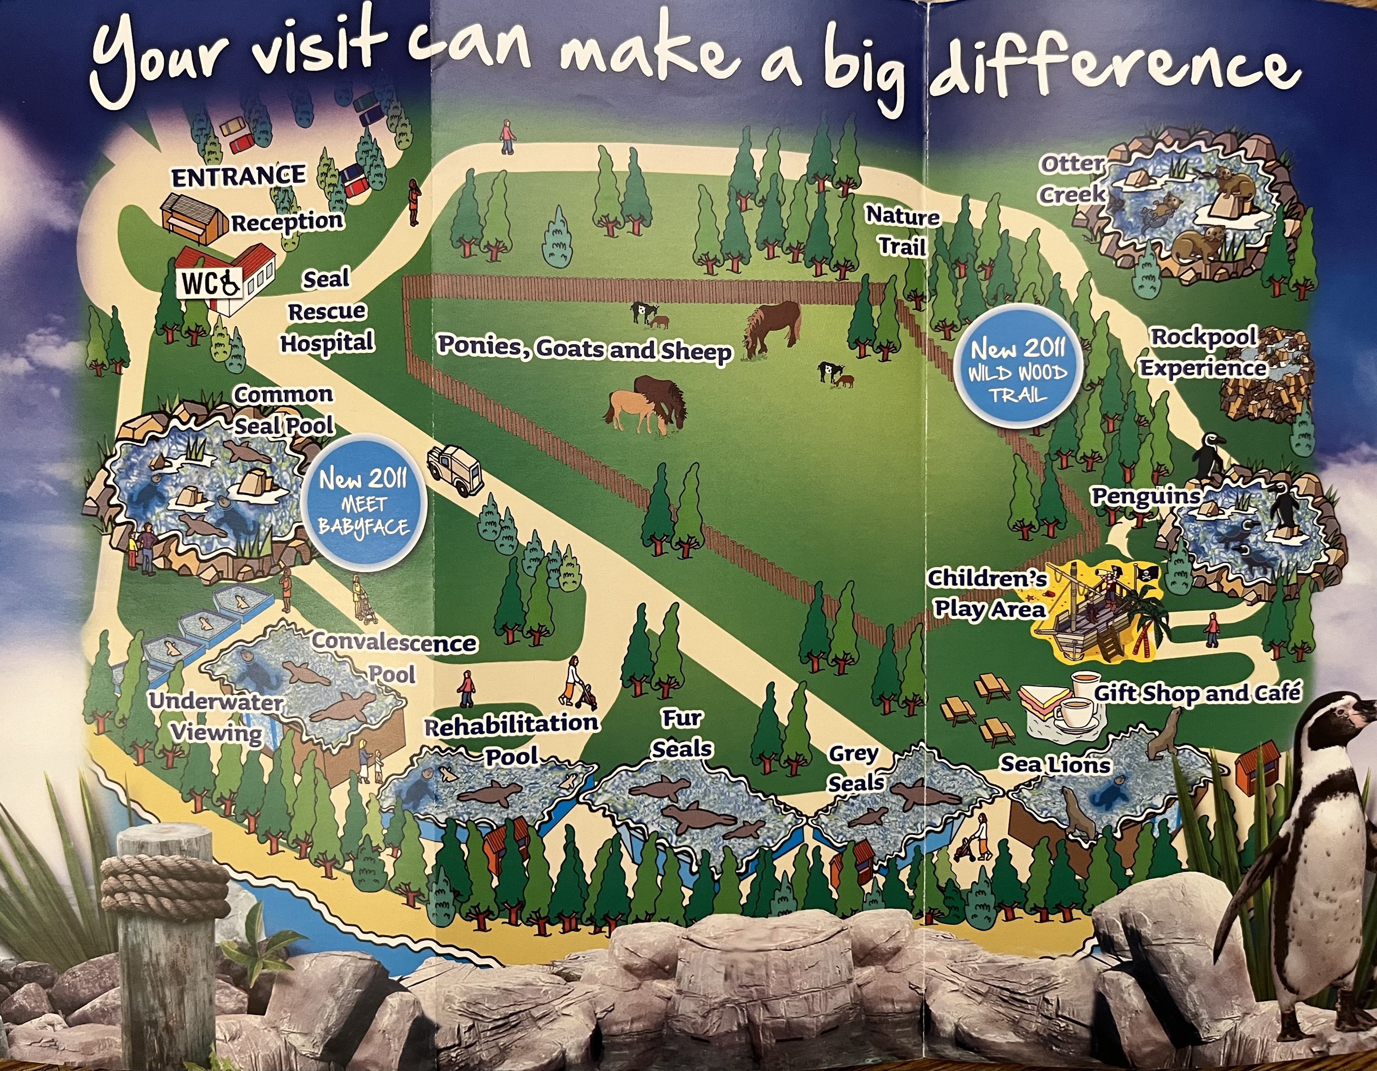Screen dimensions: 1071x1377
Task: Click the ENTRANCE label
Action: [238, 177]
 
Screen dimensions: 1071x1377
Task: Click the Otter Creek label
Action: [1071, 179]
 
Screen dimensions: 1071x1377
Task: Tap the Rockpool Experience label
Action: [1203, 353]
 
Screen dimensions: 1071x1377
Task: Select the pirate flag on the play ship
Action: [1146, 572]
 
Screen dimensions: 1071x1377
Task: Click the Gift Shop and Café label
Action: [1196, 693]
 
